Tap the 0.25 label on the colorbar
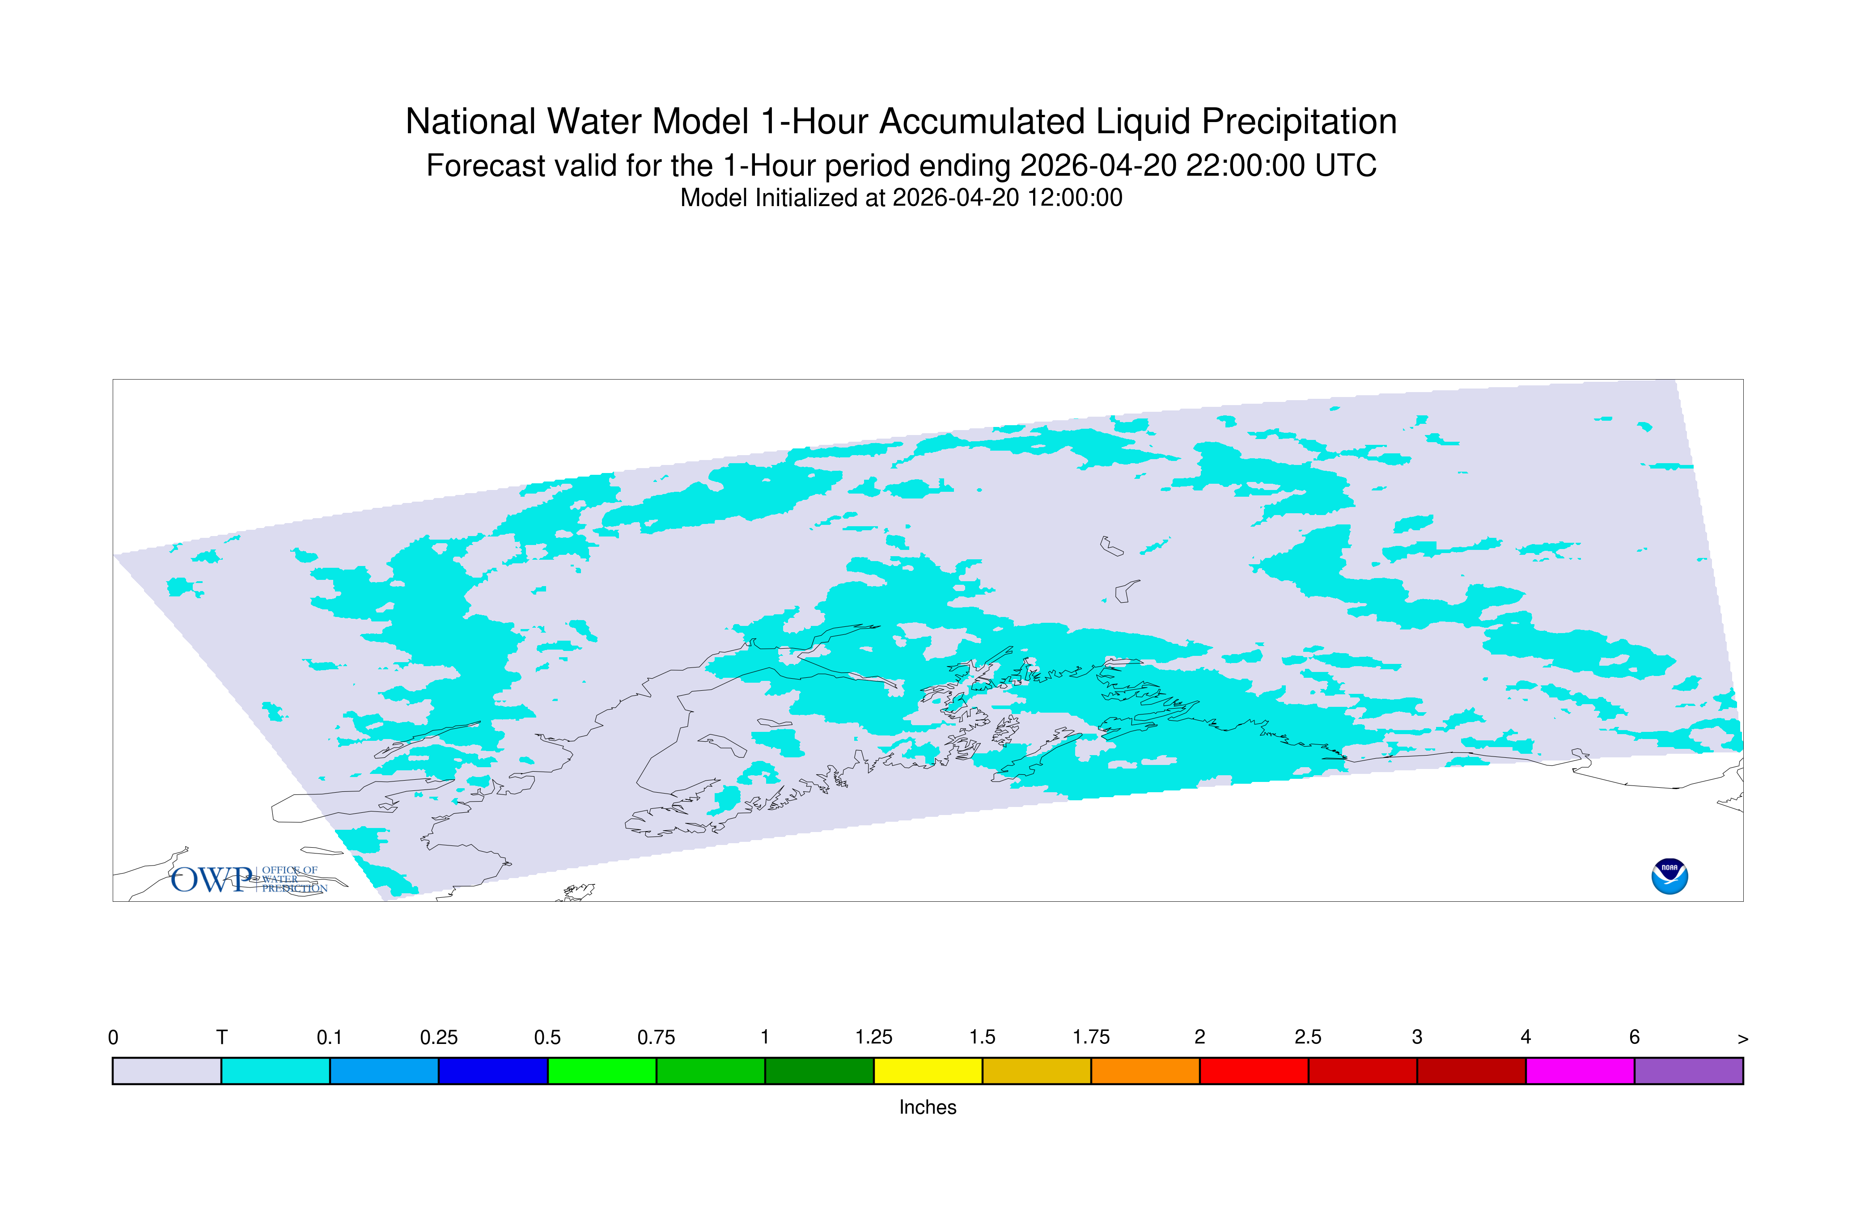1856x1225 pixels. pyautogui.click(x=438, y=1038)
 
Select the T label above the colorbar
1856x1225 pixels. pyautogui.click(x=222, y=1038)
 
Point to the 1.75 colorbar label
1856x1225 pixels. pyautogui.click(x=1091, y=1038)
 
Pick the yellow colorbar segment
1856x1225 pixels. pyautogui.click(x=928, y=1071)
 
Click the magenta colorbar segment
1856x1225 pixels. pyautogui.click(x=1580, y=1071)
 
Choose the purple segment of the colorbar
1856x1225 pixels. pyautogui.click(x=1689, y=1071)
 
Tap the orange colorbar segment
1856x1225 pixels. pyautogui.click(x=1145, y=1071)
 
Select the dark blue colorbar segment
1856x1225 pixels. pyautogui.click(x=493, y=1071)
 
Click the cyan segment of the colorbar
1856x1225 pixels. pyautogui.click(x=276, y=1071)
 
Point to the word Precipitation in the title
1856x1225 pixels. pyautogui.click(x=1299, y=122)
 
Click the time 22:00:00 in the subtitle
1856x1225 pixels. pyautogui.click(x=1245, y=165)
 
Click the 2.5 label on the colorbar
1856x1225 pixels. pyautogui.click(x=1308, y=1038)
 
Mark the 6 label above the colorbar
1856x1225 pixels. pyautogui.click(x=1634, y=1038)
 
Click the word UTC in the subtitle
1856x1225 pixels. pyautogui.click(x=1346, y=165)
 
